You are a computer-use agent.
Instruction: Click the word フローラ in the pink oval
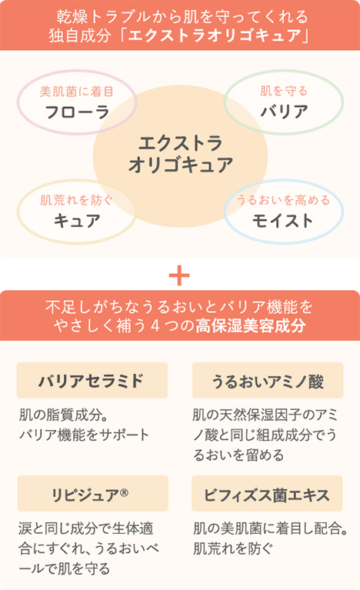77,112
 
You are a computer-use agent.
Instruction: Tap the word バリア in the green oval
285,112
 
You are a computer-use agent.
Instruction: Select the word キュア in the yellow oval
77,221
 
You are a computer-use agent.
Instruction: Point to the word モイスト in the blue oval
283,221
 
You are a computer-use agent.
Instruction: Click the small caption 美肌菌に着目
77,92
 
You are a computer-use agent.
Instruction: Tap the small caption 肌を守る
284,91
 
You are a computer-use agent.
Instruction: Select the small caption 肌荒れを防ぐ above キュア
77,200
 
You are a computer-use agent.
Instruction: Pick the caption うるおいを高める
283,200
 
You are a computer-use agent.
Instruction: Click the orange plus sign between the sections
179,276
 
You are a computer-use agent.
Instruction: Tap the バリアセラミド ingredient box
92,381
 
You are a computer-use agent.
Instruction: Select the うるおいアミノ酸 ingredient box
268,381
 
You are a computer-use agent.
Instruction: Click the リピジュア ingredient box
92,493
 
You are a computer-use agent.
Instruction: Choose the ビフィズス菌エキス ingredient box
267,493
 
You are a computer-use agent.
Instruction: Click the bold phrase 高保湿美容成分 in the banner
251,325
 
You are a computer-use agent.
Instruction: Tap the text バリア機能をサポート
85,435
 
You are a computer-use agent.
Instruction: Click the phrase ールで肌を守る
65,568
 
